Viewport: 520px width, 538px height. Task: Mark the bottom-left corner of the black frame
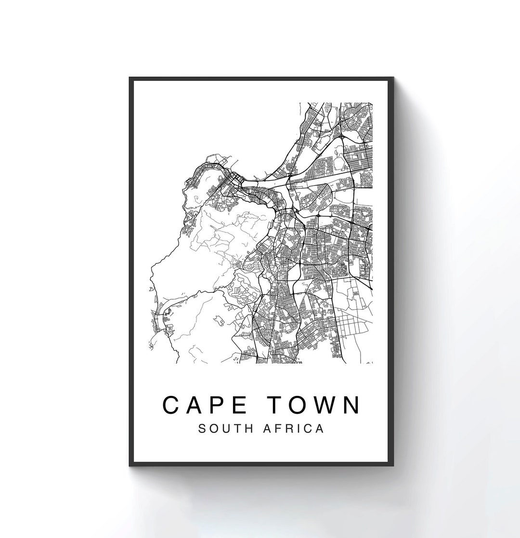point(130,466)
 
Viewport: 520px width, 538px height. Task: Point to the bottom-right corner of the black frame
point(394,466)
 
